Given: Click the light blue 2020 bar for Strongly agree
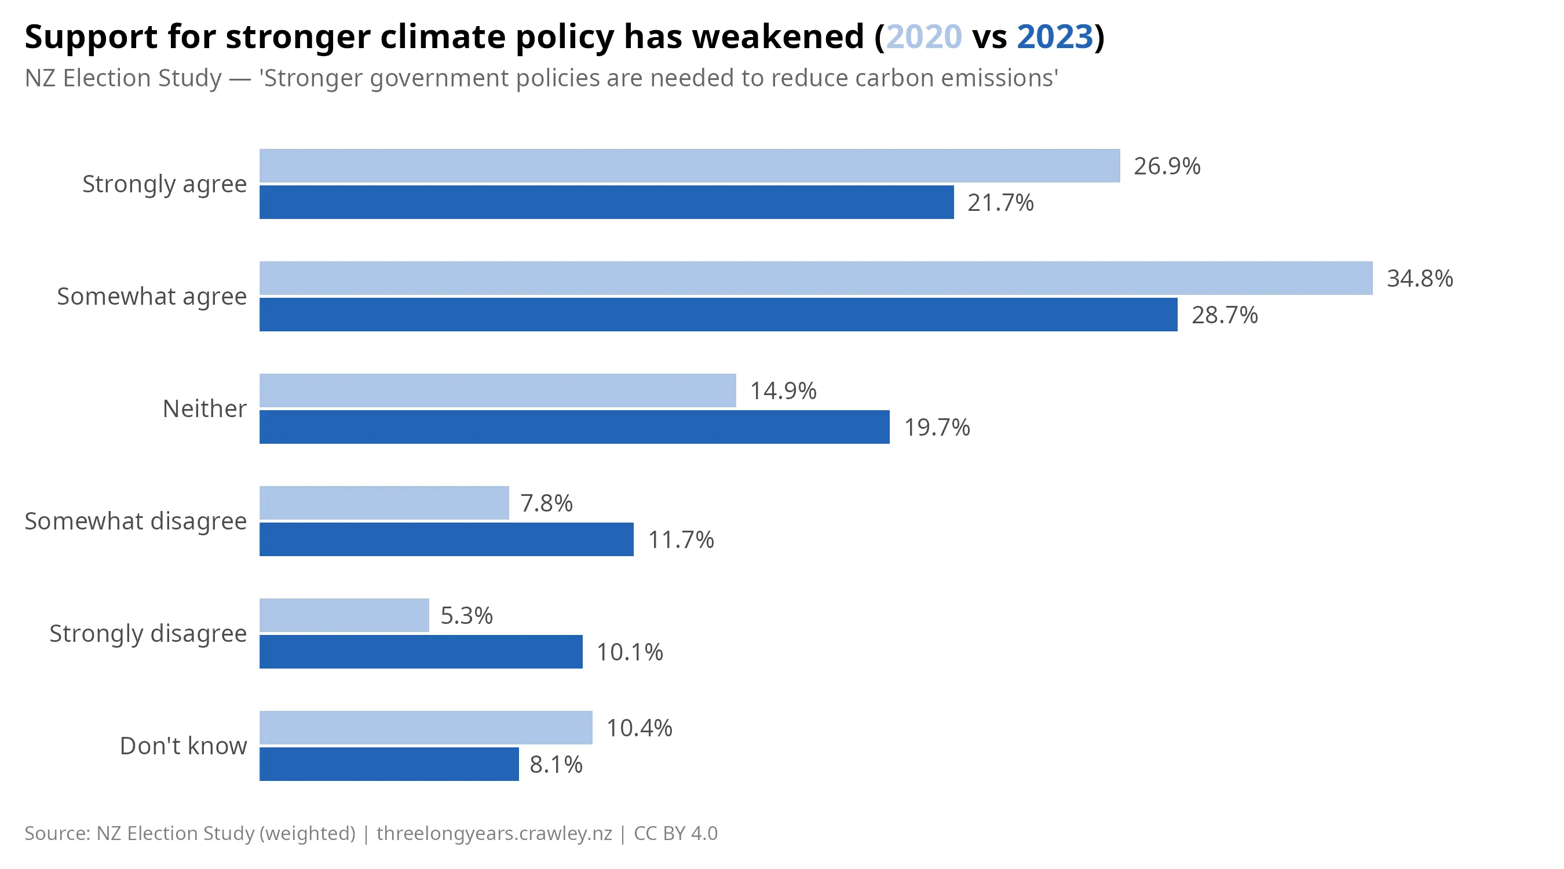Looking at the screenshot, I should (x=689, y=166).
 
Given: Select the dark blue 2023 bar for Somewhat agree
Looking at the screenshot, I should (x=718, y=315).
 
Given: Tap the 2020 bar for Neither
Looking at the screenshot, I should (x=497, y=390).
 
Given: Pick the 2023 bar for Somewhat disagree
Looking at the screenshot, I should (x=446, y=539).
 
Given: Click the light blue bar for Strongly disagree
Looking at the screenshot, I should (x=344, y=615).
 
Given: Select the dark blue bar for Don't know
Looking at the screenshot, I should (x=389, y=764).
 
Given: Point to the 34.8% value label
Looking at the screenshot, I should (x=1420, y=279).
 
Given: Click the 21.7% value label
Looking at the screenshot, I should (x=1000, y=203).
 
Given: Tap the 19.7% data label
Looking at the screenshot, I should (x=937, y=428).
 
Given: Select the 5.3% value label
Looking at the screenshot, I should (x=466, y=616).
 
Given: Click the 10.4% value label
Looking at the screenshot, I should (x=639, y=728).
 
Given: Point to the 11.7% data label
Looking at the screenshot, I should (x=681, y=540).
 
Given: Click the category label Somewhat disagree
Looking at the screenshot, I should (x=136, y=521).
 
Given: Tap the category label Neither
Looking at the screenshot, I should (x=204, y=408).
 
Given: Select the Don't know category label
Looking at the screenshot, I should (x=184, y=746).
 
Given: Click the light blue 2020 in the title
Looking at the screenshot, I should (x=923, y=36).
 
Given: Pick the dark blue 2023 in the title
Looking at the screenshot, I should (x=1055, y=36).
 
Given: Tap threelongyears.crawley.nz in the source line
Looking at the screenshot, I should (x=494, y=833).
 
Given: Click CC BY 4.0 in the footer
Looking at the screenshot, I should (x=675, y=833).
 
